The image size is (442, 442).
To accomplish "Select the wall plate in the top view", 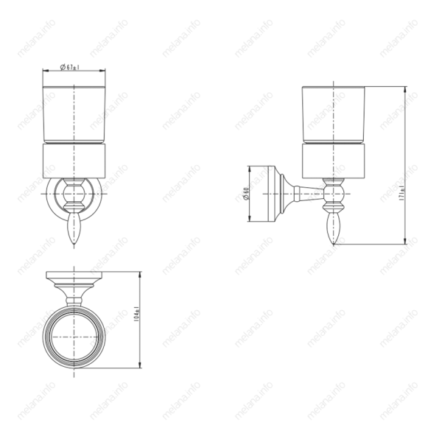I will point(73,278).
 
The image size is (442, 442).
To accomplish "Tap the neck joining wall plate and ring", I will point(73,297).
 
